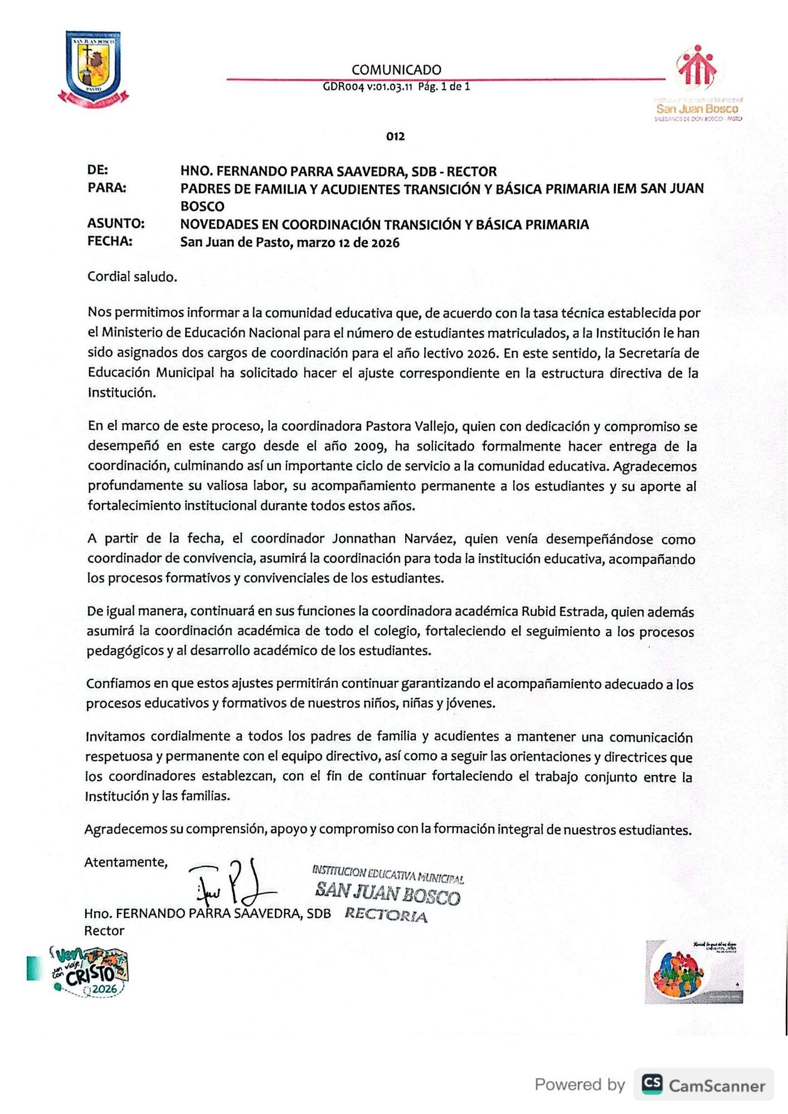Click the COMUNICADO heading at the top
click(x=396, y=70)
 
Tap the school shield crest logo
click(x=93, y=67)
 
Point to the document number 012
click(x=395, y=136)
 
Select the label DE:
click(x=98, y=170)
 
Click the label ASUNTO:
click(x=116, y=224)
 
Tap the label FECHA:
click(x=110, y=241)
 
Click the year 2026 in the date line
click(x=385, y=243)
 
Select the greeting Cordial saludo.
click(x=132, y=277)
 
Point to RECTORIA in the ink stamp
click(x=386, y=915)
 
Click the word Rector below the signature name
click(x=104, y=931)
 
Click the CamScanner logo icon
click(x=652, y=1083)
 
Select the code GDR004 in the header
click(x=343, y=87)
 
